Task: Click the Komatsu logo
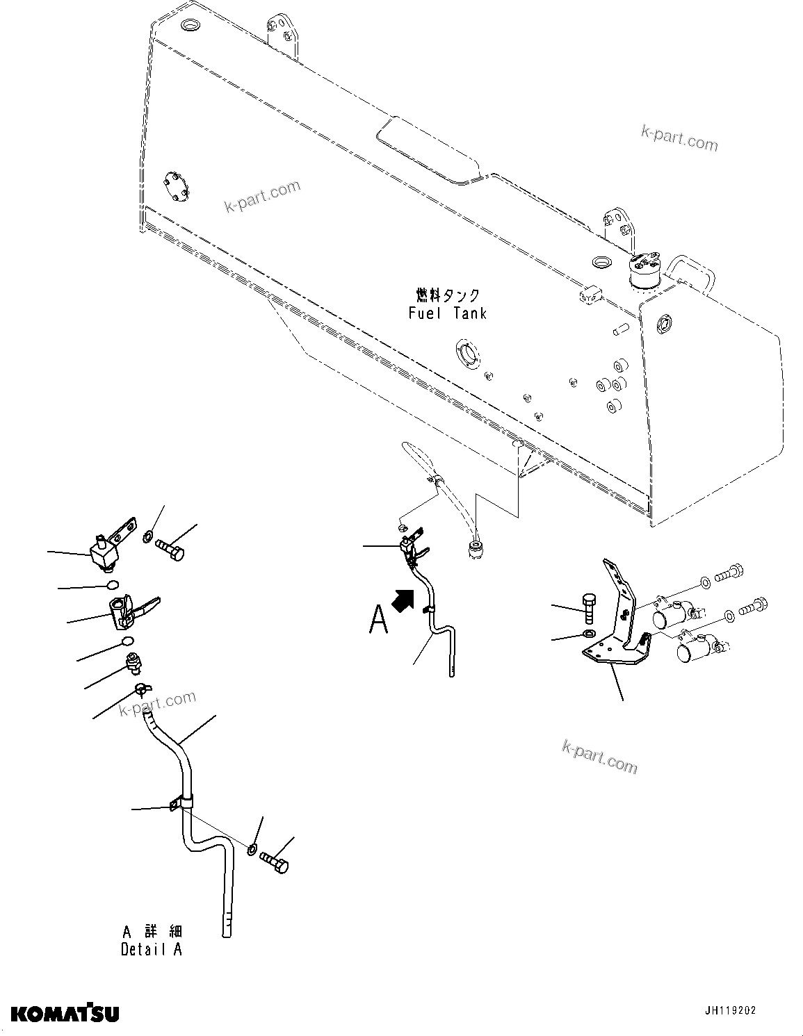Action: pos(65,1012)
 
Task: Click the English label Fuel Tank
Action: pos(447,313)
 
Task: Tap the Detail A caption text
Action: pos(152,949)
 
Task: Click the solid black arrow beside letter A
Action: pos(401,600)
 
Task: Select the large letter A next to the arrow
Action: pos(378,618)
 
